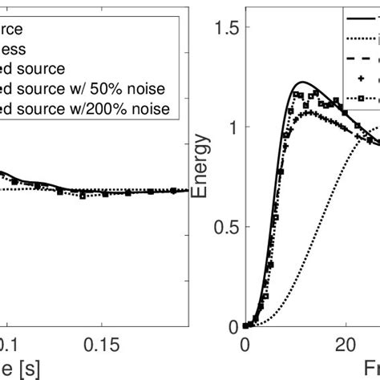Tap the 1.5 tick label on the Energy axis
[228, 29]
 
